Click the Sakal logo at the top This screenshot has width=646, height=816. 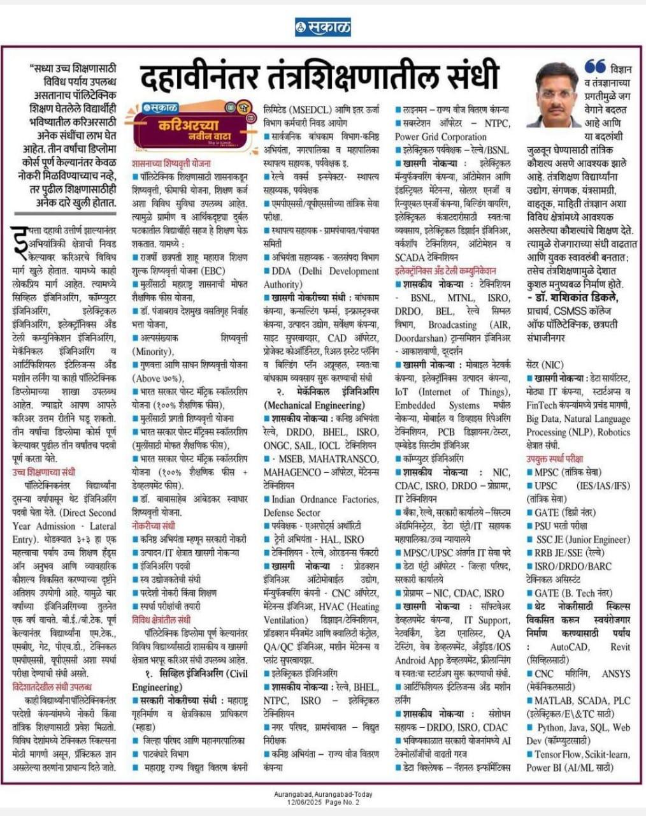point(322,27)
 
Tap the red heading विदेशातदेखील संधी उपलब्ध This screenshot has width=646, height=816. point(52,687)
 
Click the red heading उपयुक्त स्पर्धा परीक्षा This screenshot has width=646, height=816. point(554,458)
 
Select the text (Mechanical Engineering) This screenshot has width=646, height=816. point(314,405)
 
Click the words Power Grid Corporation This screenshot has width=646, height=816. point(440,136)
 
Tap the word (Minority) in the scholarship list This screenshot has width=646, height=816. point(152,351)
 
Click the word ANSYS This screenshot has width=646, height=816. point(614,673)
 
